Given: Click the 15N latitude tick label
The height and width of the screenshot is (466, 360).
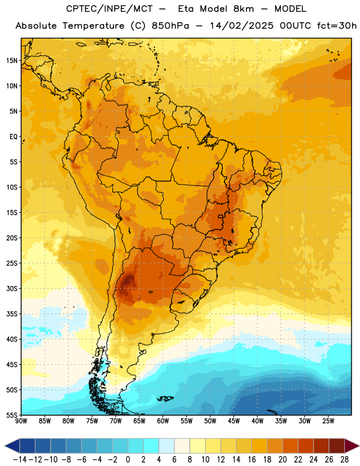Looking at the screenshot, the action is pos(12,61).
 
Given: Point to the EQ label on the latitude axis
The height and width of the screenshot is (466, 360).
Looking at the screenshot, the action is pos(13,137).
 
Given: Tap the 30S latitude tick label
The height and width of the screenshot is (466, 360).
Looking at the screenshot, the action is pos(12,288).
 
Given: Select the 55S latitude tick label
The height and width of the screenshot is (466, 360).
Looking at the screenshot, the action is pos(12,415).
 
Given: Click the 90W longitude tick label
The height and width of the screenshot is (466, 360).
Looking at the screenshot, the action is pos(21,421).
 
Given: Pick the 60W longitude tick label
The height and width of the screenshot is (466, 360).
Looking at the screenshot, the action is pos(163,421).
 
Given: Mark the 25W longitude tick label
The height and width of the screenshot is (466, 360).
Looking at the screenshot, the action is pos(328,421).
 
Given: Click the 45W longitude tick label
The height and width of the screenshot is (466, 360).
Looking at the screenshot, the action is pos(234,421).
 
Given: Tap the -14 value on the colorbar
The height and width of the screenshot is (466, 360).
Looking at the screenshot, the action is pos(20,460).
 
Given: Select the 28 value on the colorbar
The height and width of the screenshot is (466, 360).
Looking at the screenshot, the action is pos(344,460).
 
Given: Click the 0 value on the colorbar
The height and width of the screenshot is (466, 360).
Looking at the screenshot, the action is pos(128,460).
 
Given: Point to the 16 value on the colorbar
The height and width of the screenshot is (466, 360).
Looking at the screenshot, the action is pos(252,460).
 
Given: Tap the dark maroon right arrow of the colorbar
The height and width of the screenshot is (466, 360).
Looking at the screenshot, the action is pos(352,446).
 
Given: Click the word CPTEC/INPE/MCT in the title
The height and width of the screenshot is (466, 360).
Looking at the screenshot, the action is pos(109,9).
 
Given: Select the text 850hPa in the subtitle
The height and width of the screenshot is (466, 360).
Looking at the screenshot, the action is pos(170,26).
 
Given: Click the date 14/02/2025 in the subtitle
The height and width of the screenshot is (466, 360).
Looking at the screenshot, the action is pos(242,26).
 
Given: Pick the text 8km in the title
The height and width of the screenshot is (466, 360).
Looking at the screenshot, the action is pos(243,9).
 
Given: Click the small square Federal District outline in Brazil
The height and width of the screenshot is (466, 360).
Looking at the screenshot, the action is pos(220,216).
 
